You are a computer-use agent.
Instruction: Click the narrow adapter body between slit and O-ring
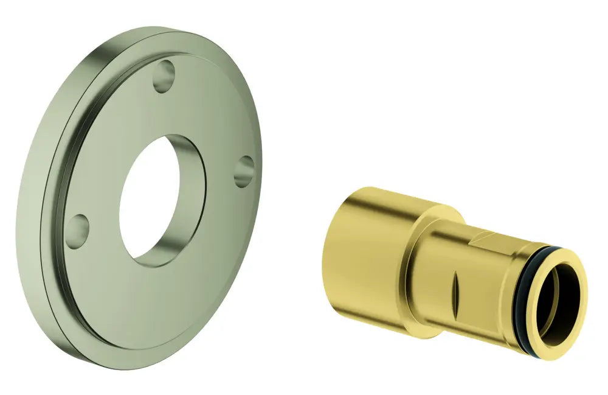click(x=492, y=286)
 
